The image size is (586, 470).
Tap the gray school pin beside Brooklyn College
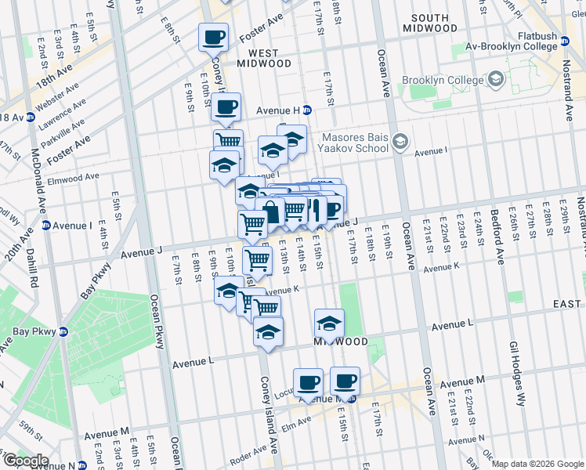[497, 80]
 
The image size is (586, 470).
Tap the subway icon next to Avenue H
[307, 110]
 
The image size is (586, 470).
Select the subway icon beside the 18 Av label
[31, 117]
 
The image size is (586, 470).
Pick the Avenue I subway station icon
[45, 226]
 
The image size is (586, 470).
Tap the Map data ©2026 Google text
[537, 464]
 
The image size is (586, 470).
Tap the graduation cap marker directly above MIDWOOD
[330, 322]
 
